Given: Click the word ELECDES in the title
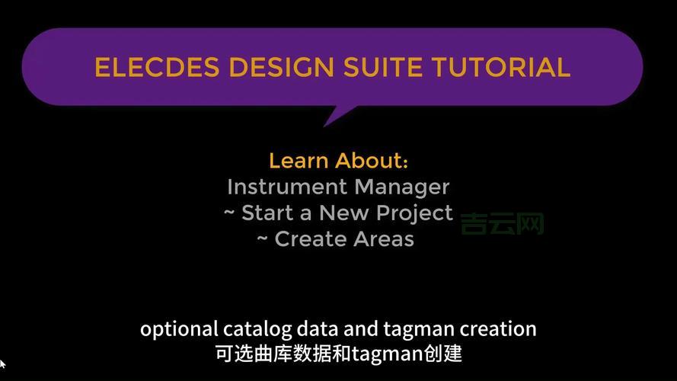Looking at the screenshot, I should click(157, 67).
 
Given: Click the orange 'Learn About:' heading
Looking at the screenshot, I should click(339, 161).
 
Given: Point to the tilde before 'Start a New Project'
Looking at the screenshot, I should click(229, 213).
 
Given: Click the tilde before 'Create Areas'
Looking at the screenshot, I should click(262, 239).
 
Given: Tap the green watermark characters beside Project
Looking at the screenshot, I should click(503, 222).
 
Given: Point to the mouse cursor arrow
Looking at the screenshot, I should click(2, 364).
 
